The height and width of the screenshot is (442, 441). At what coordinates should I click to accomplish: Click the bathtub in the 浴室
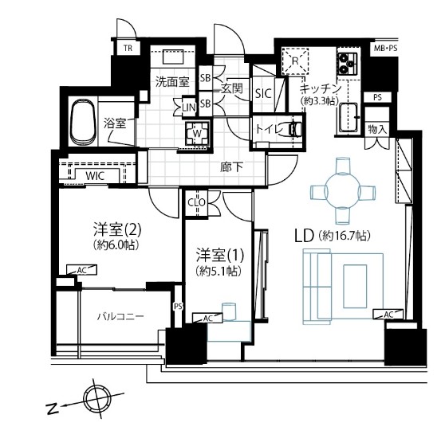click(x=82, y=122)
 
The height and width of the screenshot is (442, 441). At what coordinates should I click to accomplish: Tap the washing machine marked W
click(x=198, y=134)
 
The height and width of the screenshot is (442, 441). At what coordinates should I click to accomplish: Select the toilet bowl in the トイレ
click(x=295, y=129)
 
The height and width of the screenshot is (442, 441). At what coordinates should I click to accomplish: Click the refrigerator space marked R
click(x=295, y=61)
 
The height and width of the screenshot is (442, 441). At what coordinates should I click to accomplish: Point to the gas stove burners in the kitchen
click(x=347, y=63)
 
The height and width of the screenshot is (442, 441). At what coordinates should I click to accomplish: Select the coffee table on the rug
click(x=355, y=286)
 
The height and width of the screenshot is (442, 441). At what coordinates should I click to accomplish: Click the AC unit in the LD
click(x=388, y=314)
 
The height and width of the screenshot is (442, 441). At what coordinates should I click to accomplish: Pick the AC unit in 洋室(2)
click(x=81, y=270)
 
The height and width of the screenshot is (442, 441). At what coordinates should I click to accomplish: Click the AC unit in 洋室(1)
click(x=207, y=318)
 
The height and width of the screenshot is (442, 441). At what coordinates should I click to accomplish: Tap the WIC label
click(x=95, y=176)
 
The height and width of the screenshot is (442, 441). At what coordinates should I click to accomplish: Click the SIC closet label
click(x=263, y=94)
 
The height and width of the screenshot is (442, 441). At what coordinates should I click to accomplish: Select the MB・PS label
click(x=385, y=49)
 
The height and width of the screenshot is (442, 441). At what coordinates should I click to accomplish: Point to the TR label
click(x=128, y=49)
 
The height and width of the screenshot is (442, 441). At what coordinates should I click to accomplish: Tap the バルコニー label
click(x=120, y=316)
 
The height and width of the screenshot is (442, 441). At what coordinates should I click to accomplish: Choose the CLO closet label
click(x=197, y=202)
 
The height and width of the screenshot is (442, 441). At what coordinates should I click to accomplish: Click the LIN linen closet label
click(x=189, y=108)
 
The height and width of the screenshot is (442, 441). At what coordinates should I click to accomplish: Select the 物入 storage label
click(x=377, y=130)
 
